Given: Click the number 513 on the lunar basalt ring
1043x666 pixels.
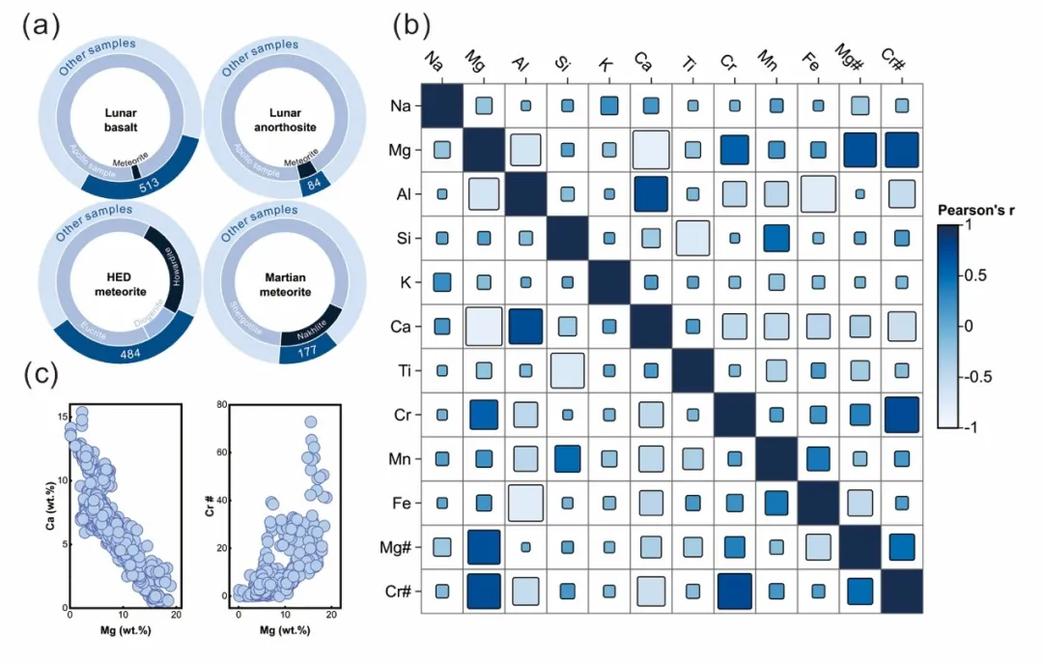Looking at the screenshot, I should (x=149, y=185).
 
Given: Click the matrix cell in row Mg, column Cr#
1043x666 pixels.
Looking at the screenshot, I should (x=902, y=149).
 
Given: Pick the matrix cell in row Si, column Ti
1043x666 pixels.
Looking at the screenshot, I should (x=692, y=238).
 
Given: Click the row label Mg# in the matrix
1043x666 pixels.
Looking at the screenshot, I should (x=401, y=546).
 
